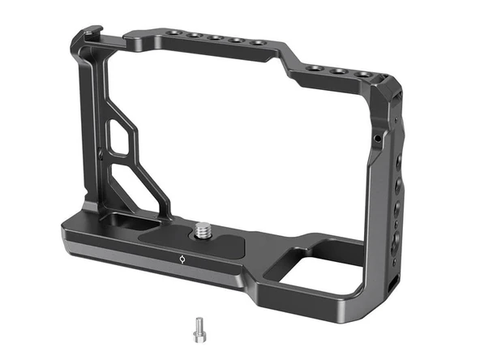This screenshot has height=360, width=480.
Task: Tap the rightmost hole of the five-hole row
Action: pos(258,43)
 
